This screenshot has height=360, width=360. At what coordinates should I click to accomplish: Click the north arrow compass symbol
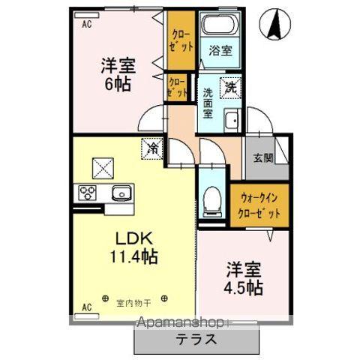274,28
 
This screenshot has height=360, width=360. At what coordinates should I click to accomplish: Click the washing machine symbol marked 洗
230,86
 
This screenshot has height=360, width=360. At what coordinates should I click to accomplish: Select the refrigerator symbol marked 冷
151,147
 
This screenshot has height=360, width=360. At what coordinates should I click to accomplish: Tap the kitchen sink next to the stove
121,193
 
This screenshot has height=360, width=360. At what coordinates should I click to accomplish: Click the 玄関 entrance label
262,158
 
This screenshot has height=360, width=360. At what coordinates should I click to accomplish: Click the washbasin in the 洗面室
232,120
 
